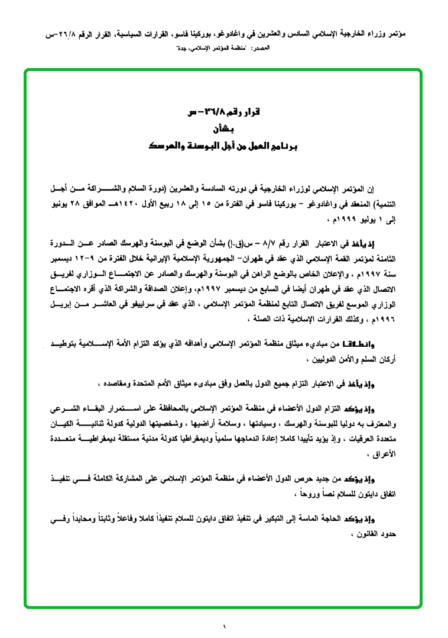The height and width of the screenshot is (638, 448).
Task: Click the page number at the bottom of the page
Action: point(224,626)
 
